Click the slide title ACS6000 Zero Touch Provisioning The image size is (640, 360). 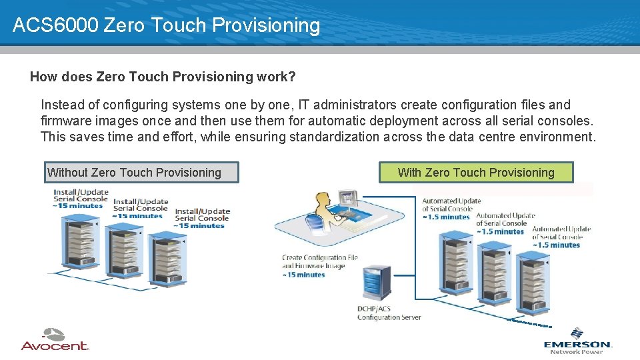pyautogui.click(x=167, y=25)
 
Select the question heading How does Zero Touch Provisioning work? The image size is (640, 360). pyautogui.click(x=163, y=77)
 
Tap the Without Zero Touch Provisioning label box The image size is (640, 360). pyautogui.click(x=141, y=173)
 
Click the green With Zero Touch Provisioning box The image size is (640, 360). pyautogui.click(x=476, y=173)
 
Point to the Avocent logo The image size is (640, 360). pyautogui.click(x=55, y=340)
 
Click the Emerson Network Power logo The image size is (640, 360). pyautogui.click(x=577, y=341)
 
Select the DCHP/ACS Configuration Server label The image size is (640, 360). pyautogui.click(x=389, y=313)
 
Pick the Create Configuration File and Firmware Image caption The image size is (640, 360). pyautogui.click(x=320, y=261)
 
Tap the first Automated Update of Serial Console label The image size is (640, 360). pyautogui.click(x=451, y=205)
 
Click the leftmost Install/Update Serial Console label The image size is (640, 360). pyautogui.click(x=81, y=195)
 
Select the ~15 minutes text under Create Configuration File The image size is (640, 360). pyautogui.click(x=304, y=275)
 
